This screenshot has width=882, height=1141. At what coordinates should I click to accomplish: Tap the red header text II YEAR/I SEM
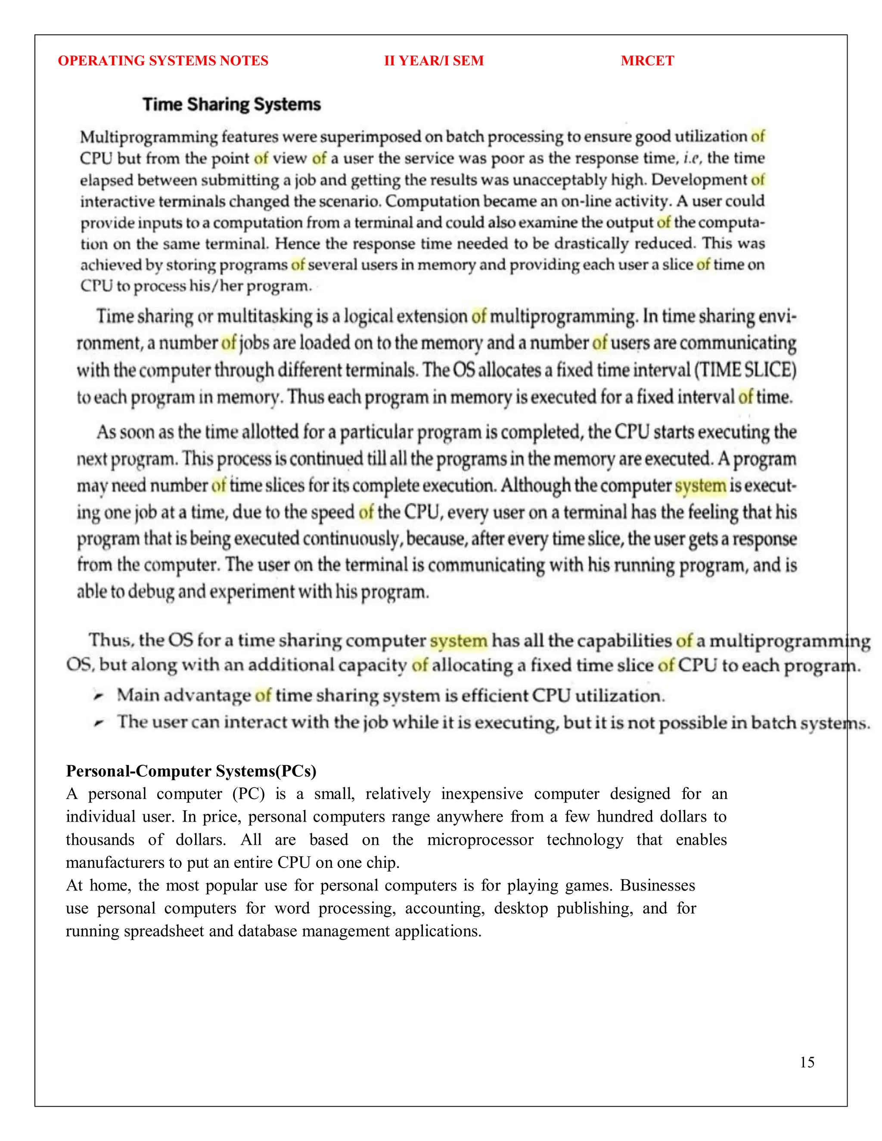(434, 61)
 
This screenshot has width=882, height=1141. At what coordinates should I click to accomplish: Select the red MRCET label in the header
(647, 61)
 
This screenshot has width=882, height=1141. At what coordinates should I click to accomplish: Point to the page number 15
(807, 1062)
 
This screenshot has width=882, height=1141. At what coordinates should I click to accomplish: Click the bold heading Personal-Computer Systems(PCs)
(191, 771)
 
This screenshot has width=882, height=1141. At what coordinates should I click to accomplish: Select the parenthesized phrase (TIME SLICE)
(745, 370)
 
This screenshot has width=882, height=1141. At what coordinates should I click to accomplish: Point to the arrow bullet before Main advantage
(98, 696)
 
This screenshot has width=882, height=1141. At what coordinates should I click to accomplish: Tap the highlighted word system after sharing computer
(458, 641)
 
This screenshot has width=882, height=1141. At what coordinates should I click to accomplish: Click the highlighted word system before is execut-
(700, 486)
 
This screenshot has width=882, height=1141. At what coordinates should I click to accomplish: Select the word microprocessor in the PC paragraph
(480, 840)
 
